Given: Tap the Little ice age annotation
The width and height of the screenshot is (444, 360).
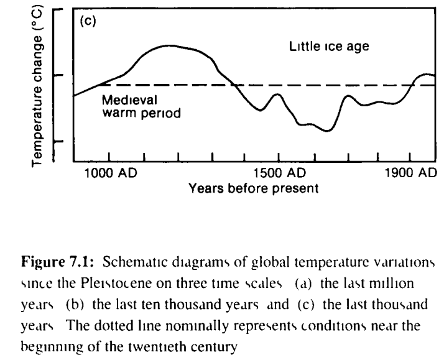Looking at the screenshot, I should [x=330, y=46].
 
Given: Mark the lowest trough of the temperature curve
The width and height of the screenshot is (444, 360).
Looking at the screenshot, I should [x=328, y=131].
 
